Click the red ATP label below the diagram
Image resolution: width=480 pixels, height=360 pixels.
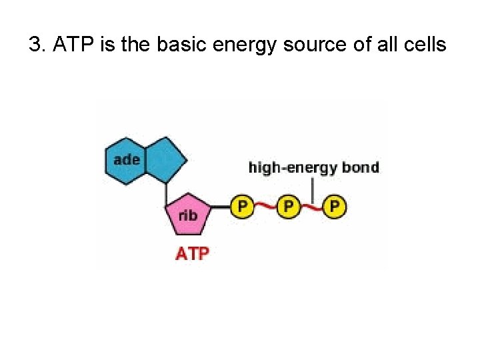point(192,253)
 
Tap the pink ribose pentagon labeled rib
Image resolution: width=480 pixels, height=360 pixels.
point(189,214)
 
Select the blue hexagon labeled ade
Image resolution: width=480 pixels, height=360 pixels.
point(127,160)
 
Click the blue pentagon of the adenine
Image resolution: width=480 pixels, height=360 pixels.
point(165,159)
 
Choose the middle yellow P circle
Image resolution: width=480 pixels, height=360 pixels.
point(288,206)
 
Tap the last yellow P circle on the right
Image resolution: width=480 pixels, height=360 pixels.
point(334,206)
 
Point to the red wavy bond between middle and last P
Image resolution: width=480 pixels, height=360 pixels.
point(311,207)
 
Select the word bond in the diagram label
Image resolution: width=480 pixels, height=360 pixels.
point(361,167)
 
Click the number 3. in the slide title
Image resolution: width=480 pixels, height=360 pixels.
point(37,46)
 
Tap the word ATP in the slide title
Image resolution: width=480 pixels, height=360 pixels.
point(68,45)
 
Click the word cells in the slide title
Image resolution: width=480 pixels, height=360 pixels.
point(424,45)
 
